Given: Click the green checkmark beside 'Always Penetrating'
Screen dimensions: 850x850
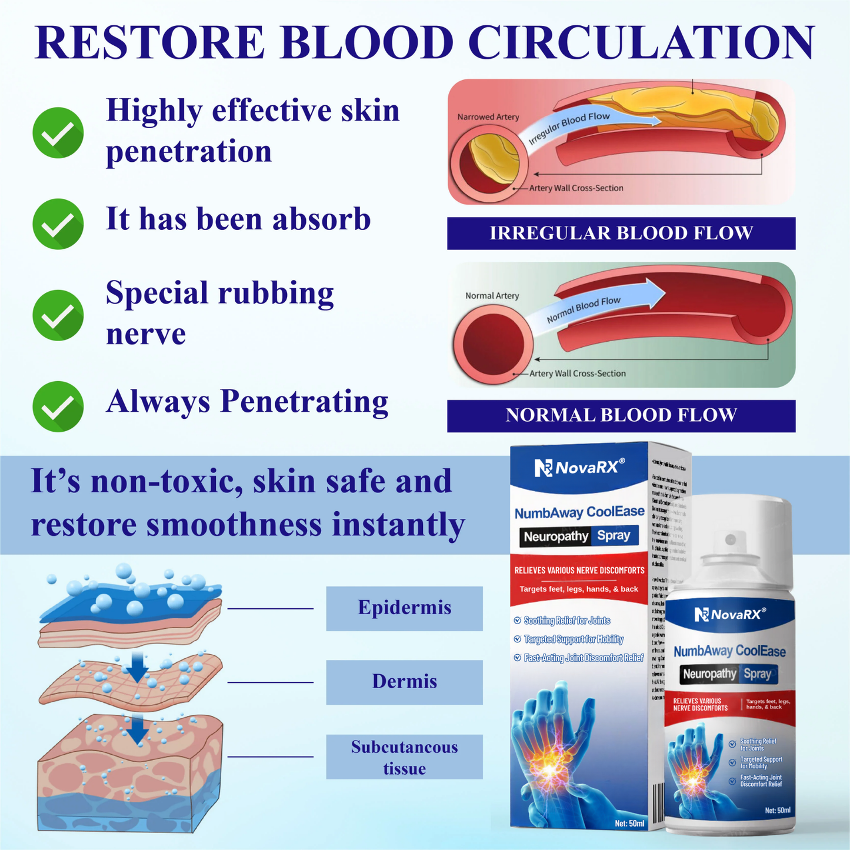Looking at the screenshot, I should (58, 406).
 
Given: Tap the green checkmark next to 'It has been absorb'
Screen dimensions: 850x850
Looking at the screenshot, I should (58, 224).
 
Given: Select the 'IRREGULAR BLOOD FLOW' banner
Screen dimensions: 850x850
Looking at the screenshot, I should (621, 233).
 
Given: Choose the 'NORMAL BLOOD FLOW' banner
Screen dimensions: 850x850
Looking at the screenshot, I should (621, 415).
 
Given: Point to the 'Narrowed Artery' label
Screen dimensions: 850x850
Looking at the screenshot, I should (488, 117).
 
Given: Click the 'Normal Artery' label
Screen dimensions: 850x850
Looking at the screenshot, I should (492, 295).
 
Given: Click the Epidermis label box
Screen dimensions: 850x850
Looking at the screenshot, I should (404, 608).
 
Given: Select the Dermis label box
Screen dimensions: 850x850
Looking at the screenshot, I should (404, 682).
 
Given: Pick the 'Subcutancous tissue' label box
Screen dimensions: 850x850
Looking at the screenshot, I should (404, 757).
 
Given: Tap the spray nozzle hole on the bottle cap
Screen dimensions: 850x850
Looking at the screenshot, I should (731, 539).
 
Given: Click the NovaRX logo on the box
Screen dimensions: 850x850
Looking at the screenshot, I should (579, 468).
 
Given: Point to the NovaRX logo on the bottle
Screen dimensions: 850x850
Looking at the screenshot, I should (730, 615).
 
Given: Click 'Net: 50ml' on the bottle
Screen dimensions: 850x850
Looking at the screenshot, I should (777, 811).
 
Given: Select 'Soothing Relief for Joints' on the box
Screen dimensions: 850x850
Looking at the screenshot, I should (566, 621).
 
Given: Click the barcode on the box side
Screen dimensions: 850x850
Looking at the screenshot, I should (658, 803).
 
